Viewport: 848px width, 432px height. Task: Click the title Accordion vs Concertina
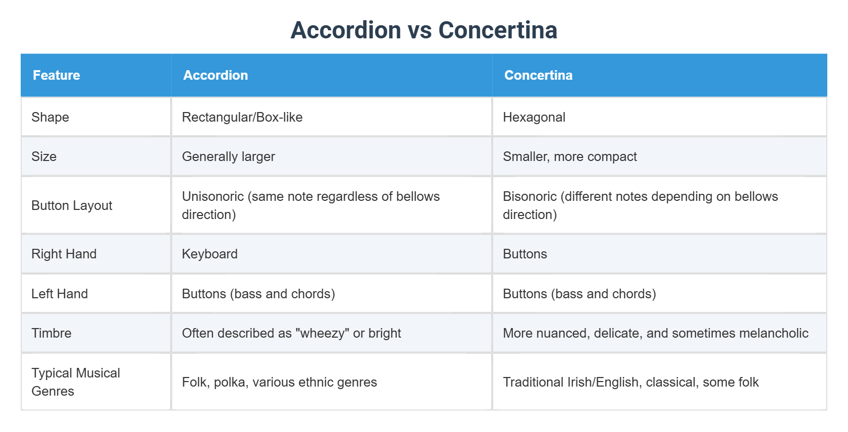pos(423,30)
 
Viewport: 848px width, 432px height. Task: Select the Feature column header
pos(57,75)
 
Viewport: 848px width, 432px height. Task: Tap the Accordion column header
pos(216,75)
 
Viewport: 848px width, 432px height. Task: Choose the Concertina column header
pos(538,75)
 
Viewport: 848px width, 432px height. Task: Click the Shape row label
pos(50,117)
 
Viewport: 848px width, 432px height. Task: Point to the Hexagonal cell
pos(534,117)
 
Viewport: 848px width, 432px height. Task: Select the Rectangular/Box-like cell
pos(242,117)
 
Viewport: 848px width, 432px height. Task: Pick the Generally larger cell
pos(228,156)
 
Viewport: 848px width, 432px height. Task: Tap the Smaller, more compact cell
pos(570,156)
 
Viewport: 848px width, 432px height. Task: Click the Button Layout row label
pos(72,205)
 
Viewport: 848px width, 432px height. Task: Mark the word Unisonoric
pos(213,196)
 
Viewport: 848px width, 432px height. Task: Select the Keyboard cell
pos(209,254)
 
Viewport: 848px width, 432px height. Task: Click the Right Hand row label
pos(64,254)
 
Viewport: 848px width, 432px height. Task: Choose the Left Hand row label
pos(60,294)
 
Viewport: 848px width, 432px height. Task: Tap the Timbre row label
pos(51,333)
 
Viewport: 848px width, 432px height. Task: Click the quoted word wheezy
pos(323,333)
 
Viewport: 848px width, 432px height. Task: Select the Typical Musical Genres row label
pos(76,382)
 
